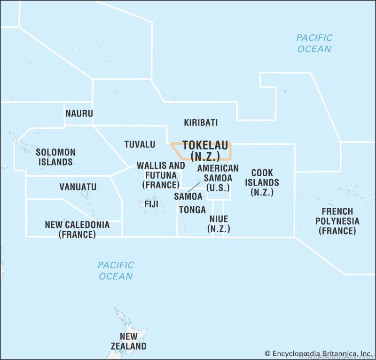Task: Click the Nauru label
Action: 79,113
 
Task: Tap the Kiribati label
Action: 201,123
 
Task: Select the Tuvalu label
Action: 140,144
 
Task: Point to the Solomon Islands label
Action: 55,157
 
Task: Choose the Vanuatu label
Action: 78,187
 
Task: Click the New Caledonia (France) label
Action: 77,229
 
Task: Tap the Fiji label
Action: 151,204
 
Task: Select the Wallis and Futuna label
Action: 161,175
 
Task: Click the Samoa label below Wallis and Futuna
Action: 188,196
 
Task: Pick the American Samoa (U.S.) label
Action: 218,178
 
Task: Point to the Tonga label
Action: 192,210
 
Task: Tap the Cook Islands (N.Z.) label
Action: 262,182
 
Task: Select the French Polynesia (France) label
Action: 337,221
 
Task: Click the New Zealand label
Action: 128,341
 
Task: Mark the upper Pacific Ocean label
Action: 314,43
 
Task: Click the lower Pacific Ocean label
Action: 116,270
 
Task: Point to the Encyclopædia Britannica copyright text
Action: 318,353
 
